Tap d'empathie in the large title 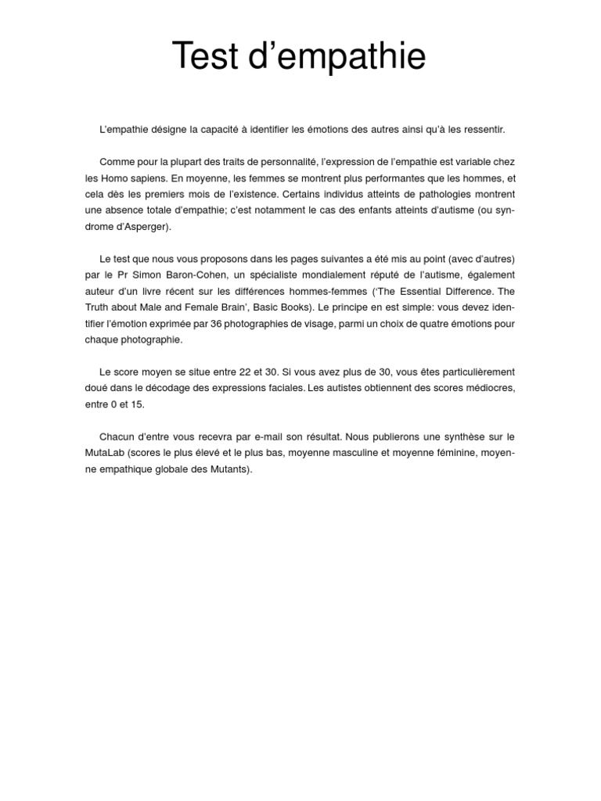(x=339, y=57)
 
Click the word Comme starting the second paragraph (x=117, y=161)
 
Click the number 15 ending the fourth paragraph (x=139, y=404)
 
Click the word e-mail (x=283, y=436)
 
